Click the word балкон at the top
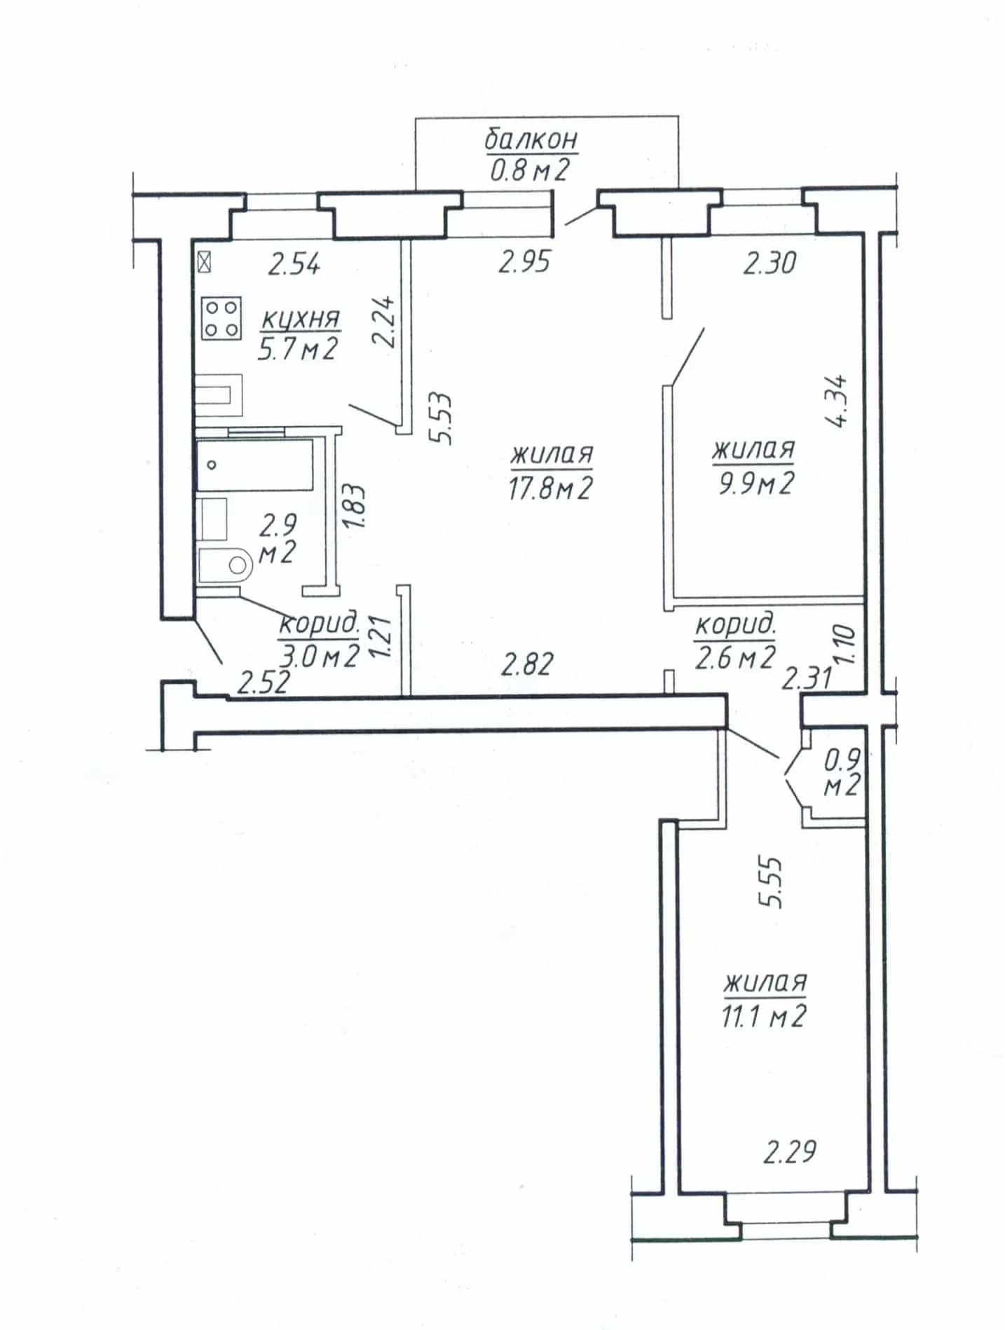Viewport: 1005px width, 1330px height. (532, 139)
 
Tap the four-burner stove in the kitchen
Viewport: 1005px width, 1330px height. (222, 318)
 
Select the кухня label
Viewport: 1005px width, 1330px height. (301, 319)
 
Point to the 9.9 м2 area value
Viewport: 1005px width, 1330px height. (754, 482)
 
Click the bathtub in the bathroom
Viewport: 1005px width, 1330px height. (254, 465)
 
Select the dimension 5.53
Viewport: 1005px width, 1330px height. (443, 418)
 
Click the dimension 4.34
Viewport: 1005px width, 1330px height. (837, 401)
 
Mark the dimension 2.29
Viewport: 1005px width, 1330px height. (790, 1151)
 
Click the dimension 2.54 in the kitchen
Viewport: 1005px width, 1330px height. (295, 265)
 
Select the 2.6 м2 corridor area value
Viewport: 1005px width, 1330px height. (735, 657)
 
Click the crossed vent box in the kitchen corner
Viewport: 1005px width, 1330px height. (205, 263)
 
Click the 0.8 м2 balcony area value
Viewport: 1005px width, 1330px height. (528, 170)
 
